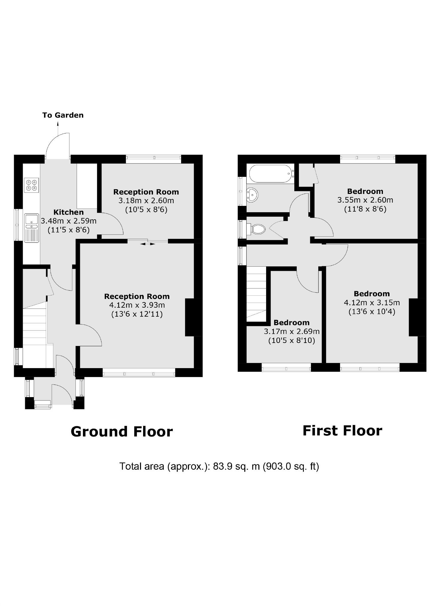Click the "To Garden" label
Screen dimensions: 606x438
(x=63, y=115)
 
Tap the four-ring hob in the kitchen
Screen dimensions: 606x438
(x=32, y=185)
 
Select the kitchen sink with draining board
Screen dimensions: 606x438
(x=31, y=227)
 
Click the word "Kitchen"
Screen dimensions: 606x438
(x=69, y=212)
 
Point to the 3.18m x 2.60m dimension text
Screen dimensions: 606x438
(x=146, y=201)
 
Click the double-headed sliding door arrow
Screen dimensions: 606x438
(x=148, y=244)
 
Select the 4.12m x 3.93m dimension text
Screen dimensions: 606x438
(x=137, y=305)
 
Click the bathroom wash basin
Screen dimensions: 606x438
(x=252, y=195)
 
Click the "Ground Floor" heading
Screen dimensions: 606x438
(x=122, y=432)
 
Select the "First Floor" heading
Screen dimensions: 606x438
(x=342, y=431)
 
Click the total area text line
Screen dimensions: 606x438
(x=219, y=466)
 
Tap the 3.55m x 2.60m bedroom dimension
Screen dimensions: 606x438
(x=365, y=200)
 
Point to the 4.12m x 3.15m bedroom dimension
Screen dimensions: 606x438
(x=372, y=303)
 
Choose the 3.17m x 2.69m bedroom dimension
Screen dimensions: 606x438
(x=292, y=332)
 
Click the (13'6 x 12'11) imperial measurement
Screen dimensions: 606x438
(x=137, y=314)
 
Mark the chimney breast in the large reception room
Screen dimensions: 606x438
(x=193, y=317)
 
